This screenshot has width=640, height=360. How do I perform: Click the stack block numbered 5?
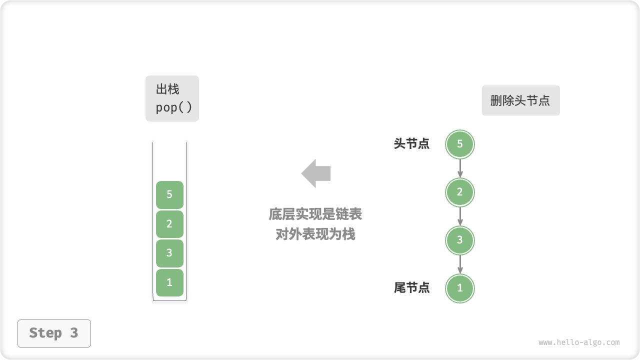(x=169, y=194)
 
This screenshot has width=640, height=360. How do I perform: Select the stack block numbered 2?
(x=169, y=224)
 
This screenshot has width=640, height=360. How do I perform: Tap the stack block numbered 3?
(x=169, y=253)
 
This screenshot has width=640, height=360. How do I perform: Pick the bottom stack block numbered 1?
(x=169, y=282)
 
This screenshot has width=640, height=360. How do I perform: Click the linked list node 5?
(x=460, y=144)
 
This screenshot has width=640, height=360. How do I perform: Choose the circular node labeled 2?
(x=460, y=192)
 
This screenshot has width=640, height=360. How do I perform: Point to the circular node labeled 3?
(x=460, y=240)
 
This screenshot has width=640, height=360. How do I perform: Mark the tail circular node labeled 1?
(x=460, y=288)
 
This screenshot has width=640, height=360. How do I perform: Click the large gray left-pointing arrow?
(x=316, y=173)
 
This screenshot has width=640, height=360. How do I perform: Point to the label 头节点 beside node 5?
(x=411, y=144)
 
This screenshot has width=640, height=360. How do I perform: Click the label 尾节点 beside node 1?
(x=411, y=288)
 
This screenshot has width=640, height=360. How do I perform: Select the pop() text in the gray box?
(x=173, y=107)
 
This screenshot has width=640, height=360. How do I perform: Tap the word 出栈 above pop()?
(x=167, y=89)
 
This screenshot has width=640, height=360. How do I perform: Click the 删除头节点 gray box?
(x=520, y=100)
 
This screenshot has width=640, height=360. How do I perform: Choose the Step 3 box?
(x=54, y=333)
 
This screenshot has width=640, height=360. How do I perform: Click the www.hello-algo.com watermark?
(x=579, y=343)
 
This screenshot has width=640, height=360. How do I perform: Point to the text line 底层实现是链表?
(x=315, y=214)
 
